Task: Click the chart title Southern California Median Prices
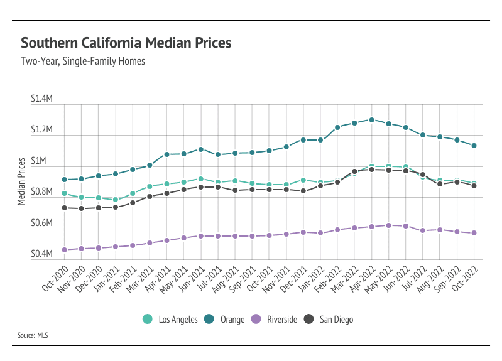coord(126,43)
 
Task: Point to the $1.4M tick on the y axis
coord(42,100)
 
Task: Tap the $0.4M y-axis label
coord(42,254)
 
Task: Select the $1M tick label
coord(46,161)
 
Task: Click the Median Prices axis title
coord(21,180)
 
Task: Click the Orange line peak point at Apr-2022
coord(372,119)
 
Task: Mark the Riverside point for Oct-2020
coord(64,250)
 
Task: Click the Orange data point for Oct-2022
coord(474,146)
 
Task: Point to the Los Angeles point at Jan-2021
coord(116,200)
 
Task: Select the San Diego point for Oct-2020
coord(64,208)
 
